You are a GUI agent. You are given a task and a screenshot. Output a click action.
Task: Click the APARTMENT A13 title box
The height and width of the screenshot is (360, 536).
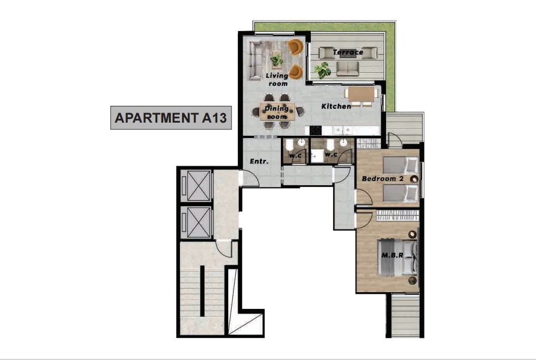(x=171, y=117)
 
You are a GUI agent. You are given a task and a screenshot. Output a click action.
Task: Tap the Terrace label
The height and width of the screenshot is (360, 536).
(x=348, y=52)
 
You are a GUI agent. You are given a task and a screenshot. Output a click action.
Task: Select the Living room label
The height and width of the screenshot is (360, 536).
(x=277, y=79)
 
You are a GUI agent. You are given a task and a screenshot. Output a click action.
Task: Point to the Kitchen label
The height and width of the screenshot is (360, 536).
(x=336, y=106)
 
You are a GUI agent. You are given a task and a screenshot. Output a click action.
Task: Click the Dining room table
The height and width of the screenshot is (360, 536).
(x=277, y=112)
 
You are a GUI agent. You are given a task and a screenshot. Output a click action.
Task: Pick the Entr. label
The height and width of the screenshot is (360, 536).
(x=259, y=161)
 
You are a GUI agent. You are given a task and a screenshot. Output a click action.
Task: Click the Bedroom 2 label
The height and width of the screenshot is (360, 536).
(x=382, y=178)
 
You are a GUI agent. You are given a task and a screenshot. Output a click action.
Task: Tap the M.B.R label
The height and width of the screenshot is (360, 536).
(x=392, y=255)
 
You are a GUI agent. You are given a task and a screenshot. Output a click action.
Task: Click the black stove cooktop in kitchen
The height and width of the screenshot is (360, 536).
(x=316, y=131)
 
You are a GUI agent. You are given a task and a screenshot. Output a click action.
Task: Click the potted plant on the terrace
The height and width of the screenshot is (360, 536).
(x=322, y=70)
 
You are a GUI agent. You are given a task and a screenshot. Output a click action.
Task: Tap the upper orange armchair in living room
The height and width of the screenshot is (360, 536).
(x=296, y=47)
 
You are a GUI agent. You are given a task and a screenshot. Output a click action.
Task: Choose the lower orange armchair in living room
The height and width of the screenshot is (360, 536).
(x=296, y=72)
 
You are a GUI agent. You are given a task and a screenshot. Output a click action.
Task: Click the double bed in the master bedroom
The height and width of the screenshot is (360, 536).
(x=397, y=257)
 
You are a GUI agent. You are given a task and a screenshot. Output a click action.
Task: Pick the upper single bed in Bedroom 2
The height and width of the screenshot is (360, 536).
(x=400, y=165)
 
